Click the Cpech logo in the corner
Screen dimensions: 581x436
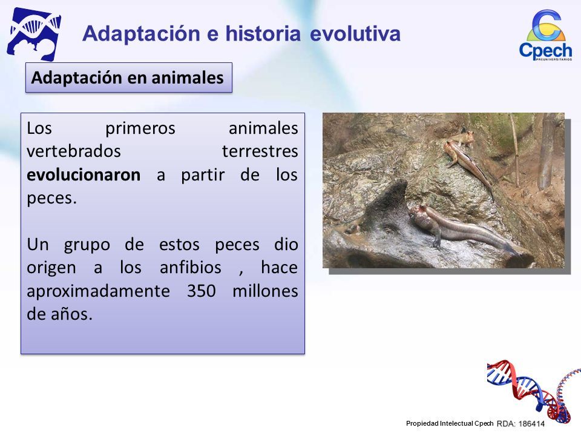(x=545, y=35)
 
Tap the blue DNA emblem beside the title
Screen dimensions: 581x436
(x=34, y=34)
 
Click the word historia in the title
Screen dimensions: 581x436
(x=263, y=33)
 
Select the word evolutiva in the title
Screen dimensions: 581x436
(x=355, y=33)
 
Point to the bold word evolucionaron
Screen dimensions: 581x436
(x=84, y=174)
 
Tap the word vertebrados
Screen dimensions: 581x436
(x=74, y=151)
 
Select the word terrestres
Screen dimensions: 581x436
(x=260, y=151)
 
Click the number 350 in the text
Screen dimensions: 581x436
(x=201, y=291)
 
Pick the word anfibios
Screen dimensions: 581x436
(x=191, y=267)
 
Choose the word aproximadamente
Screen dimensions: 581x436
(x=98, y=291)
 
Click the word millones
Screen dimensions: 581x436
(x=265, y=291)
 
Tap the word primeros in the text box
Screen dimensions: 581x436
(x=140, y=129)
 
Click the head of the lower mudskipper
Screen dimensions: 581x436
(x=421, y=214)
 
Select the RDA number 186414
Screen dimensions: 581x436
(x=531, y=424)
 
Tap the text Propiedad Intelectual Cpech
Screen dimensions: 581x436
(x=450, y=423)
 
